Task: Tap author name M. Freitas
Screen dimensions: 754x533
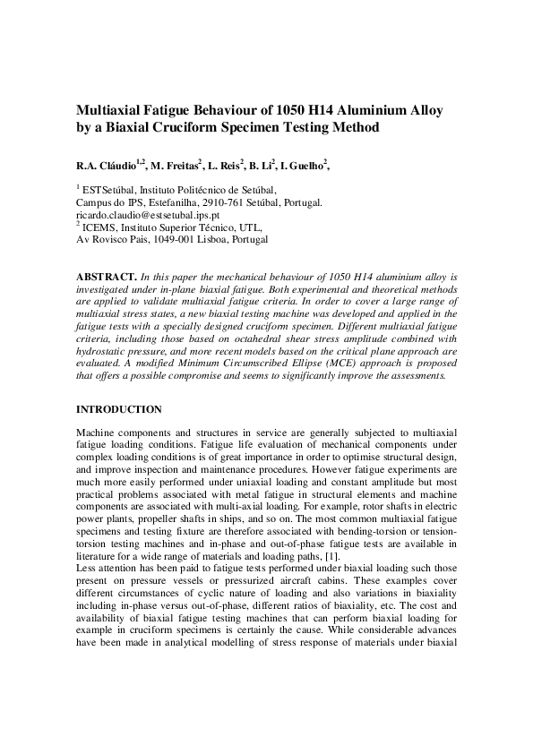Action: (177, 166)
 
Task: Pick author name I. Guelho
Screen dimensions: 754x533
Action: (327, 166)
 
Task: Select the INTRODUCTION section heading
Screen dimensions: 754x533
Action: (119, 409)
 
